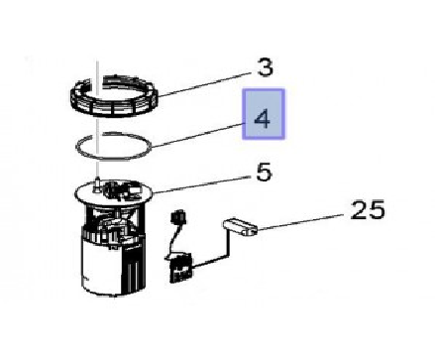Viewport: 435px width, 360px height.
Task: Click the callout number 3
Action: pos(265,67)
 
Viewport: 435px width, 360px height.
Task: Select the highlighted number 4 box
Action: pos(264,114)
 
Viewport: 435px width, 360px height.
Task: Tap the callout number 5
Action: pos(264,172)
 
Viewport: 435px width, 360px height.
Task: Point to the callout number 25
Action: pos(368,210)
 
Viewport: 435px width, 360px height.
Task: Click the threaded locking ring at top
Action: pos(114,95)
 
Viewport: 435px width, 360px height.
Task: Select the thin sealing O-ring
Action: pos(113,146)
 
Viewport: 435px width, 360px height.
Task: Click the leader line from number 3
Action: pos(206,84)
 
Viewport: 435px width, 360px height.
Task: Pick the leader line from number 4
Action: pos(197,135)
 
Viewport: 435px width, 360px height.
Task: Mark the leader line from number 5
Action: pos(202,184)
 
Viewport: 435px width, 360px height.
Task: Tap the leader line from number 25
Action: pos(300,222)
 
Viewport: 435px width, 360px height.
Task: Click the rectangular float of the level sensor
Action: pos(240,226)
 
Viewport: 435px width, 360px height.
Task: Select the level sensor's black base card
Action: pos(180,268)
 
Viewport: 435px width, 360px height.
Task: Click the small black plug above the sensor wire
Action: pos(177,217)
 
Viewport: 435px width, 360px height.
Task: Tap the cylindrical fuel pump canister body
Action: pos(112,265)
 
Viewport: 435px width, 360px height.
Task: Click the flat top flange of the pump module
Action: pos(114,192)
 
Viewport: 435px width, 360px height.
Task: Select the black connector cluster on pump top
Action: pos(121,190)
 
